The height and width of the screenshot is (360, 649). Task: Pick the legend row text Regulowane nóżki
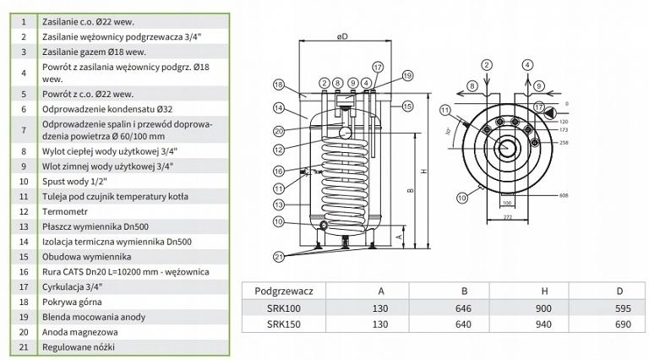[x=79, y=346]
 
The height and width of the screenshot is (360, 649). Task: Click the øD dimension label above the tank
[x=342, y=36]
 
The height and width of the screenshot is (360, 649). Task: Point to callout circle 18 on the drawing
[x=278, y=85]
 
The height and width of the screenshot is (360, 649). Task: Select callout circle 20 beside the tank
[x=278, y=130]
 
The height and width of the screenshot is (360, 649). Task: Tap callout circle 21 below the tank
[x=279, y=256]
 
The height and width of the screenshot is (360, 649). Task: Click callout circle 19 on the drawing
[x=407, y=76]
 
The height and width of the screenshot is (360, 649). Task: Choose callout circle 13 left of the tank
[x=278, y=204]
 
